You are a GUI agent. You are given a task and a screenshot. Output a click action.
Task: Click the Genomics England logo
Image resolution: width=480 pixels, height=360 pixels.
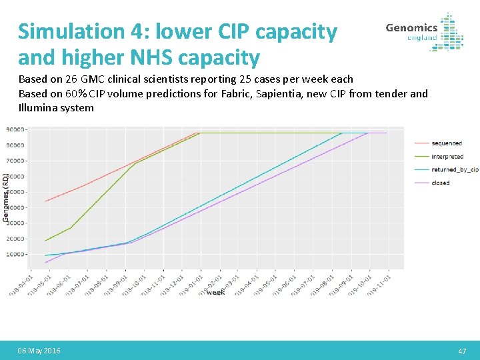pyautogui.click(x=424, y=32)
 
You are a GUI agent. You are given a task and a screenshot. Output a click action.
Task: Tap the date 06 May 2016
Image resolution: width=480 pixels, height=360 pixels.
pyautogui.click(x=39, y=351)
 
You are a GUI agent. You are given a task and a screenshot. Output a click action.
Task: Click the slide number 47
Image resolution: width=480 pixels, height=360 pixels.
pyautogui.click(x=463, y=351)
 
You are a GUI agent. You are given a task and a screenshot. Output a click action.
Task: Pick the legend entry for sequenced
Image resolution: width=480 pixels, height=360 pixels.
pyautogui.click(x=446, y=143)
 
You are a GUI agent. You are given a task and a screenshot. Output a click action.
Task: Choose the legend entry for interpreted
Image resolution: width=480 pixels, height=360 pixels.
pyautogui.click(x=447, y=157)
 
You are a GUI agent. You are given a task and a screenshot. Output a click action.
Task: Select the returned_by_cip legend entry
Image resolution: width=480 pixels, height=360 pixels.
pyautogui.click(x=455, y=169)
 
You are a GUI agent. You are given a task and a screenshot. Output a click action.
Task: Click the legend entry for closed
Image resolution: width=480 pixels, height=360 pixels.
pyautogui.click(x=440, y=182)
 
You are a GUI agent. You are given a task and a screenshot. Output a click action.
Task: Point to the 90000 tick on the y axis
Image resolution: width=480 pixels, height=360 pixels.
pyautogui.click(x=17, y=129)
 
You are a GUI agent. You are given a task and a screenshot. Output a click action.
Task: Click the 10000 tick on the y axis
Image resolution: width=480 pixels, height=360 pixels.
pyautogui.click(x=17, y=255)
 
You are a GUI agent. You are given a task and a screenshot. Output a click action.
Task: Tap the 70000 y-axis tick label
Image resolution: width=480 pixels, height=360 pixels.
pyautogui.click(x=17, y=161)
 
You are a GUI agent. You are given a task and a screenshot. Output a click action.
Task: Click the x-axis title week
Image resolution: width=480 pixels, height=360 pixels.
pyautogui.click(x=215, y=292)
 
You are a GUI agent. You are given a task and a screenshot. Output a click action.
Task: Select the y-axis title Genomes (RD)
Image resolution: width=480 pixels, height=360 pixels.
pyautogui.click(x=5, y=197)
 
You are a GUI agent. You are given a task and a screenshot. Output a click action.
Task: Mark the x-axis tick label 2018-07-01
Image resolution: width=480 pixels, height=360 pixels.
pyautogui.click(x=76, y=283)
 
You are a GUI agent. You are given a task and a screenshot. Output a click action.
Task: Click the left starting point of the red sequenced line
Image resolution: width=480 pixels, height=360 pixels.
pyautogui.click(x=45, y=201)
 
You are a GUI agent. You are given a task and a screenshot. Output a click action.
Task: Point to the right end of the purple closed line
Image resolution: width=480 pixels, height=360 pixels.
pyautogui.click(x=387, y=133)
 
